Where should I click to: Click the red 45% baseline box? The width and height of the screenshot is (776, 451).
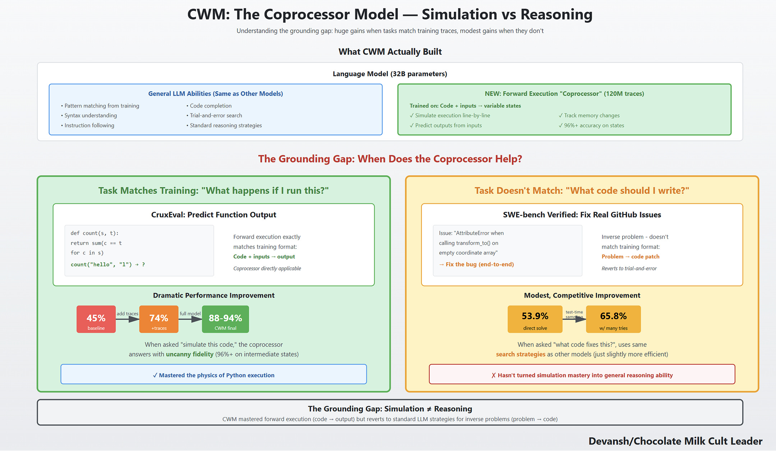[96, 319]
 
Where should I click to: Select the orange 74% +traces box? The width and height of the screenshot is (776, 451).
[159, 319]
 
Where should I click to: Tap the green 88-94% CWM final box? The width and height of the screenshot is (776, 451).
[225, 319]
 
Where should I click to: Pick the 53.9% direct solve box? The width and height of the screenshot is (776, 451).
[535, 319]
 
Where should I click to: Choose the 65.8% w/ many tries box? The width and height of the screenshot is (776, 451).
[613, 319]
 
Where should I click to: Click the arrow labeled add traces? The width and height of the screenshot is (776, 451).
[128, 319]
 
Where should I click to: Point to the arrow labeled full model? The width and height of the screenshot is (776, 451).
[190, 319]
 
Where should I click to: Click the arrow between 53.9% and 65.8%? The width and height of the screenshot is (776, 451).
[574, 319]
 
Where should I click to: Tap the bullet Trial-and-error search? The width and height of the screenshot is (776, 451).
[216, 115]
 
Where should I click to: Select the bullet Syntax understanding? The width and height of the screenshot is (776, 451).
[91, 115]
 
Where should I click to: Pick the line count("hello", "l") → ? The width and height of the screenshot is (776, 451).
[108, 264]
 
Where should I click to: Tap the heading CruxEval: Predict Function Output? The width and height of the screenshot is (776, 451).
[213, 215]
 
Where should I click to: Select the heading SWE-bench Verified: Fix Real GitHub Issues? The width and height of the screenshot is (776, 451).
[582, 215]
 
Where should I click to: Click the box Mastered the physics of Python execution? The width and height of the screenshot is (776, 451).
[213, 374]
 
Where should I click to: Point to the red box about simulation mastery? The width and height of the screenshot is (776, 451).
[582, 374]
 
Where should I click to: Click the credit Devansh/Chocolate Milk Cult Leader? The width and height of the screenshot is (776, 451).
[675, 441]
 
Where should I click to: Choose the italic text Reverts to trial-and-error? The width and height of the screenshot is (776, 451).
[629, 268]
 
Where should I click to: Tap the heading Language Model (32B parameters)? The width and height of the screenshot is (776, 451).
[390, 74]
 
